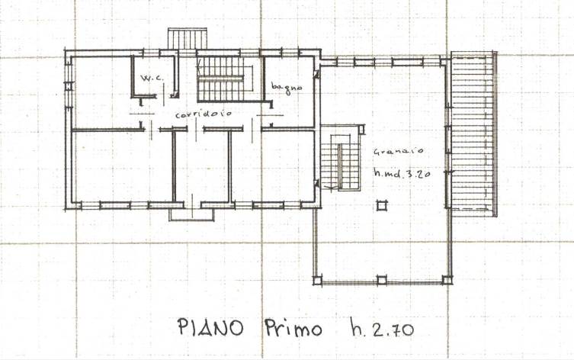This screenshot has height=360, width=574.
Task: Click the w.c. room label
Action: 152,78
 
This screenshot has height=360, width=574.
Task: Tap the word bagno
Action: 287,88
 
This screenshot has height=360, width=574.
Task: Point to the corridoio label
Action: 204,114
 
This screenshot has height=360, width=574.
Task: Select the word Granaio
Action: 398,151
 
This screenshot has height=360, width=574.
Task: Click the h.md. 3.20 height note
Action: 402,173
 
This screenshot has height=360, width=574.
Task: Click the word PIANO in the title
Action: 210,327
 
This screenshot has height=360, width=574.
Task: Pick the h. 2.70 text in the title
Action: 382,327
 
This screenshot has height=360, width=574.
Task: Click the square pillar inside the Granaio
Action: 381,205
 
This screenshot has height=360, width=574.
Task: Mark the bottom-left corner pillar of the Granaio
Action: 318,281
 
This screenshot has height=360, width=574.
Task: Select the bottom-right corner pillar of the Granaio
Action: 447,280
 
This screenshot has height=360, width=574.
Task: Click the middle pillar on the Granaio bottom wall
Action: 381,281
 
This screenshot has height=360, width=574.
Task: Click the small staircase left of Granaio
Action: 340,162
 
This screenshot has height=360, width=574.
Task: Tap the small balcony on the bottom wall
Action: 191,214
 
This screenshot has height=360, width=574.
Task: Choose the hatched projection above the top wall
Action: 187,38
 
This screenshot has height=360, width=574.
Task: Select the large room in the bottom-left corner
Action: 123,166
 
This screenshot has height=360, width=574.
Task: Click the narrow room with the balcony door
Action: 202,166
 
